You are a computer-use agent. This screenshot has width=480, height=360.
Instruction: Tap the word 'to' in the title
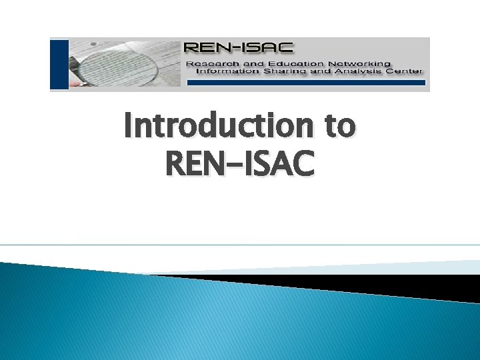click(x=338, y=127)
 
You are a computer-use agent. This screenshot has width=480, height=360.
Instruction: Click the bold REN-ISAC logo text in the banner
click(x=238, y=48)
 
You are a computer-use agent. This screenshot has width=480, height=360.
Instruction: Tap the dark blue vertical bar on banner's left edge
click(x=59, y=64)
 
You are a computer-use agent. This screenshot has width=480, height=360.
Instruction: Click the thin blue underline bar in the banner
click(x=307, y=83)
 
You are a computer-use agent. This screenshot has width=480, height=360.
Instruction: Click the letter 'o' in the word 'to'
click(x=346, y=129)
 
